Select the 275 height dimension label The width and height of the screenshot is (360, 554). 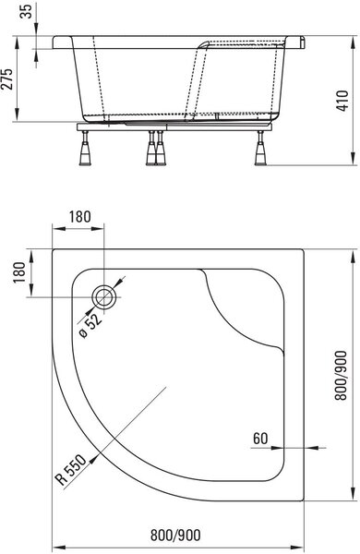[7, 79]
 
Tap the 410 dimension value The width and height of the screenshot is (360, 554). [342, 101]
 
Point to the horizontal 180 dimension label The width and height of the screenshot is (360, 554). [79, 217]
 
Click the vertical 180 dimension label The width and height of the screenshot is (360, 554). [19, 272]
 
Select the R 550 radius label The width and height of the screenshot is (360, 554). [71, 470]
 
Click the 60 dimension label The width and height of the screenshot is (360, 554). [260, 439]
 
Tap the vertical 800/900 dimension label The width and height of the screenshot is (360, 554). [342, 375]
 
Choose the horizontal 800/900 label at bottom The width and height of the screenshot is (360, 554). [175, 536]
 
